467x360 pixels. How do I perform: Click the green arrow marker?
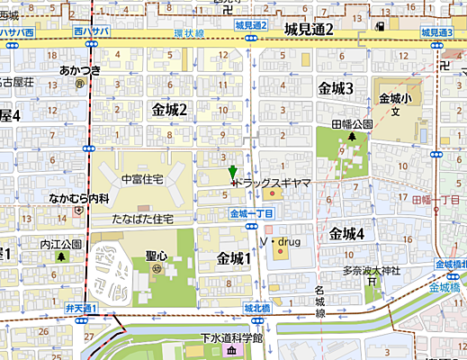232,174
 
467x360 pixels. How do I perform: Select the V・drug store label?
279,242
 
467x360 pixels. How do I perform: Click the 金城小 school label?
395,99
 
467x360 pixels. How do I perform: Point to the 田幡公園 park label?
352,124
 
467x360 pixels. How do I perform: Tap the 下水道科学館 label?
231,339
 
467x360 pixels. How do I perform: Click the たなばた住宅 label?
143,219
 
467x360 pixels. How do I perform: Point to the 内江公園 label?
60,244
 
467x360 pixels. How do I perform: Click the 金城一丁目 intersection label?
251,213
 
